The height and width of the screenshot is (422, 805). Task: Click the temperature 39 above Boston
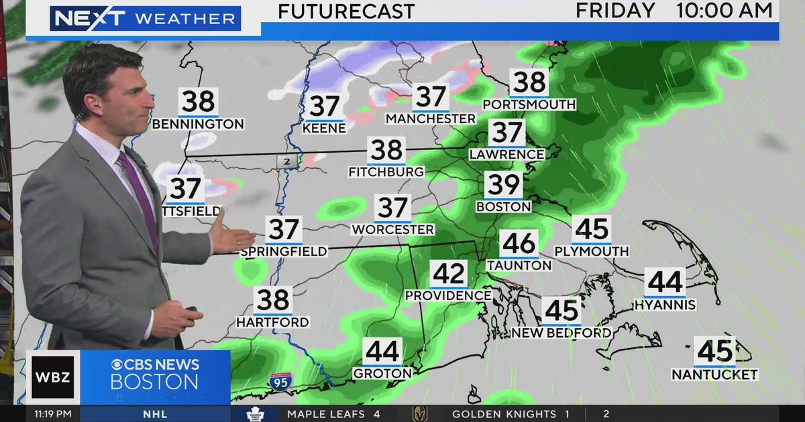[x=503, y=184]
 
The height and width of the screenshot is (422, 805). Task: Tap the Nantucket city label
[x=714, y=374]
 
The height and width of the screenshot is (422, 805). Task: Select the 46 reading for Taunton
[x=519, y=243]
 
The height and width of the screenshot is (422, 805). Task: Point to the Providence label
[x=448, y=295]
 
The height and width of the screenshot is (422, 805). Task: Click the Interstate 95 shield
[x=280, y=382]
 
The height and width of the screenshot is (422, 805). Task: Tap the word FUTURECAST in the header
[x=346, y=11]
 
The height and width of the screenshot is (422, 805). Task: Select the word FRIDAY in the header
[x=615, y=10]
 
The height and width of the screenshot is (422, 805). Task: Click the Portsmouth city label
[x=529, y=104]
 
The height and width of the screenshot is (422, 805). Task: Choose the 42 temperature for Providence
[x=449, y=273]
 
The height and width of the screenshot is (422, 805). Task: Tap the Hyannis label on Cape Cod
[x=665, y=305]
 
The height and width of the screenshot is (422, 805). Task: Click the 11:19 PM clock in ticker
[x=53, y=414]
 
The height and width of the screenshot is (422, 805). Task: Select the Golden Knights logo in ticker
[x=420, y=414]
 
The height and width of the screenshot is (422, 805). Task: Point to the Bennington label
[x=198, y=124]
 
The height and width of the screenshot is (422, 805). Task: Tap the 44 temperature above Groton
[x=382, y=351]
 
